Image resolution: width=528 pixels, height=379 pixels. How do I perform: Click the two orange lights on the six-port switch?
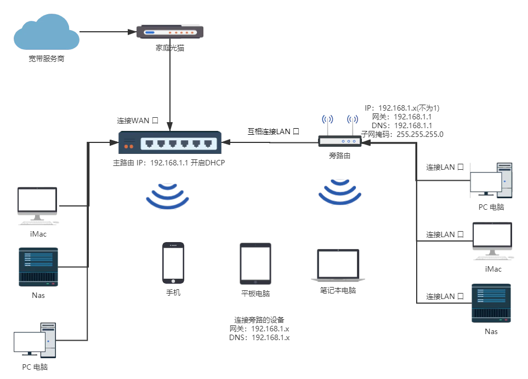pos(129,146)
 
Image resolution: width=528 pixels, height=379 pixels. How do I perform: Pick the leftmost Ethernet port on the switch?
pos(149,144)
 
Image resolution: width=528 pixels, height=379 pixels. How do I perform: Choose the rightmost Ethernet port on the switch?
pos(208,144)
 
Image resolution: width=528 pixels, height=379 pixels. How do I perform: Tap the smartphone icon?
pos(173,263)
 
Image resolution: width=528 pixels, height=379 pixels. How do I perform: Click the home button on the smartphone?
pos(173,282)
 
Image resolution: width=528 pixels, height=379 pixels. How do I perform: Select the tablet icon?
pos(256,265)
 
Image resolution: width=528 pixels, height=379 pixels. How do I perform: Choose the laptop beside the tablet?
pos(338,265)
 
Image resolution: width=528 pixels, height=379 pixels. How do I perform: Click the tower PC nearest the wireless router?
pos(491,180)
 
